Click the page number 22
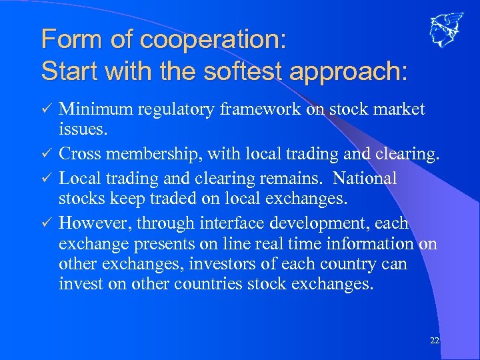point(435,341)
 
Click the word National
point(365,178)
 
